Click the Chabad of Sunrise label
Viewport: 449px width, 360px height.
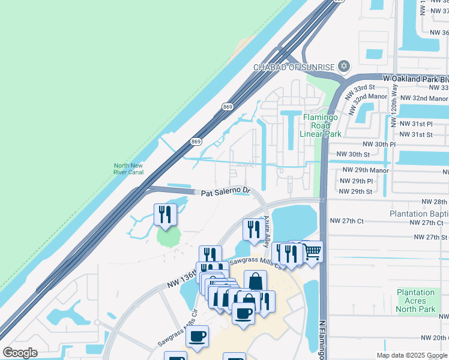pyautogui.click(x=294, y=67)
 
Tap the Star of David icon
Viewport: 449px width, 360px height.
pyautogui.click(x=344, y=65)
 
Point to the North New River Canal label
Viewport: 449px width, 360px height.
pyautogui.click(x=129, y=169)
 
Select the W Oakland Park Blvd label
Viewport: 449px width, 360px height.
pyautogui.click(x=415, y=79)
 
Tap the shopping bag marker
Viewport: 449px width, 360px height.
pyautogui.click(x=255, y=281)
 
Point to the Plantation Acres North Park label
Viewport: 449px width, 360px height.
pyautogui.click(x=416, y=301)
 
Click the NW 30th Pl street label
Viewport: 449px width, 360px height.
pyautogui.click(x=379, y=145)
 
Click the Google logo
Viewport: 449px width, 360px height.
pyautogui.click(x=20, y=352)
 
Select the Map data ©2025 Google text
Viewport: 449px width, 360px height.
pyautogui.click(x=412, y=355)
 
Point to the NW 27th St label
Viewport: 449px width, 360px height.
pyautogui.click(x=428, y=237)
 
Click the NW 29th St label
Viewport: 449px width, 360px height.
pyautogui.click(x=355, y=191)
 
